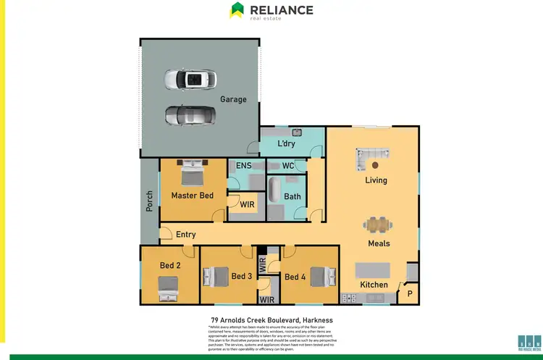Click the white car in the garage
point(188,79)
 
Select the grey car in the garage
point(190,114)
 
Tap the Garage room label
point(233,99)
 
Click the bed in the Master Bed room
point(191,174)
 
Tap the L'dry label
point(287,144)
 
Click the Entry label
point(185,235)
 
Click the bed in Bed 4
point(324,275)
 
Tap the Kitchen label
point(374,285)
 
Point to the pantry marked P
point(410,294)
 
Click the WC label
point(287,166)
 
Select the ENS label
point(244,166)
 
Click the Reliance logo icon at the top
point(237,9)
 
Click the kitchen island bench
point(371,270)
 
